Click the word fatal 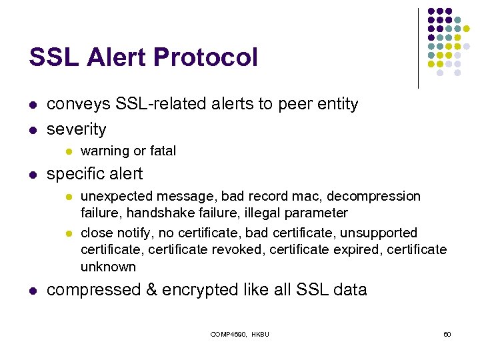(x=163, y=151)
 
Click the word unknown (x=108, y=267)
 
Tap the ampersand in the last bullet (x=155, y=290)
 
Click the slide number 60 (x=447, y=333)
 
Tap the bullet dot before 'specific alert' (x=32, y=175)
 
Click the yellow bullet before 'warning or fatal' (x=67, y=151)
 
